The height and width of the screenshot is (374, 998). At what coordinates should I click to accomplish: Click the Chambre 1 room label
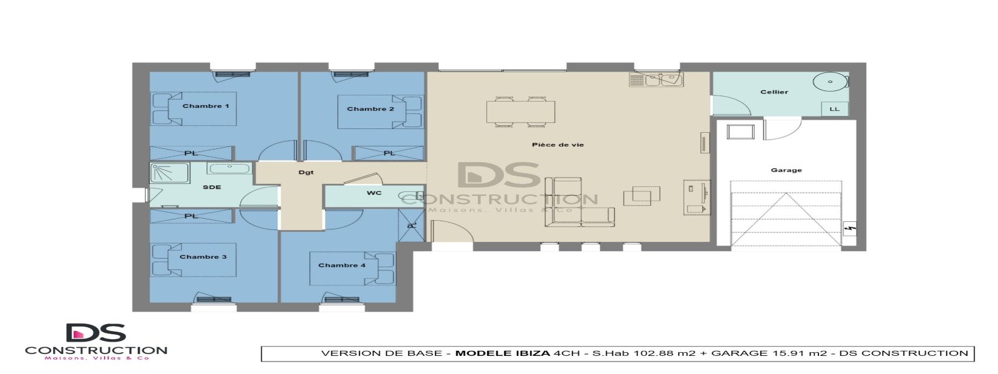coord(205,106)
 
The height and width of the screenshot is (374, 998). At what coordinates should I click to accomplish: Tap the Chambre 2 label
coord(371,109)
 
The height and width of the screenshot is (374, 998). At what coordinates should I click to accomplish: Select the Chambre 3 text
coord(203,257)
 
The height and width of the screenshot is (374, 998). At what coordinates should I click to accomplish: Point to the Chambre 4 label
coord(342,266)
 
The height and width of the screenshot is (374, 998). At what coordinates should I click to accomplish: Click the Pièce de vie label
coord(558,145)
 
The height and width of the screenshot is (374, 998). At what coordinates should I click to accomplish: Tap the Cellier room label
coord(774,92)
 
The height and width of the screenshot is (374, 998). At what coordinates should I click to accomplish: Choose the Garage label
coord(786,170)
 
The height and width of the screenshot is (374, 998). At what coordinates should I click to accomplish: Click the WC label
coord(374,193)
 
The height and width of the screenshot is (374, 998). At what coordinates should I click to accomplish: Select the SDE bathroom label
coord(211,188)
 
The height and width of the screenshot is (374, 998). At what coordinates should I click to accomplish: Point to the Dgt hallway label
coord(306,173)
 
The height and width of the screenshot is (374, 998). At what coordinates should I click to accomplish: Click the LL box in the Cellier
coord(834,109)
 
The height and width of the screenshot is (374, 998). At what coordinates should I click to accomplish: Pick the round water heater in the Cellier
coord(830,82)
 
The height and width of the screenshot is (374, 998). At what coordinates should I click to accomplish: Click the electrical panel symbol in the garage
coord(848,229)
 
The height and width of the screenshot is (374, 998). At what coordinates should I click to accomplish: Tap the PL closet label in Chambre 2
coord(389,153)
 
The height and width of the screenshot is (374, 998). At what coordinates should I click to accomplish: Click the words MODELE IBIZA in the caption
coord(502,353)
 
